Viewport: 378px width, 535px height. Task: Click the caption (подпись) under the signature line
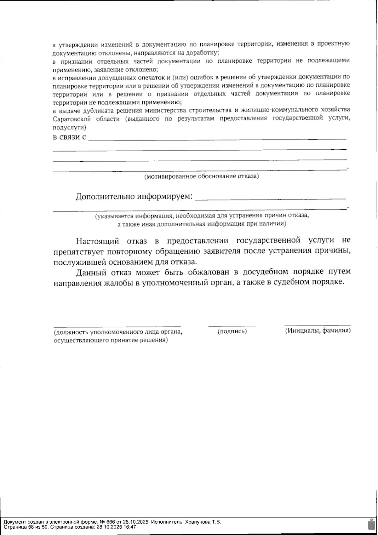(x=232, y=331)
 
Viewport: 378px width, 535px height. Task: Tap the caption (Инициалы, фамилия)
(x=318, y=331)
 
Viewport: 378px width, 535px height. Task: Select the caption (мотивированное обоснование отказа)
(x=202, y=176)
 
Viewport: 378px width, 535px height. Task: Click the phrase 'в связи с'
(x=69, y=137)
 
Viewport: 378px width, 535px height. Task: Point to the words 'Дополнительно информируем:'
(x=134, y=197)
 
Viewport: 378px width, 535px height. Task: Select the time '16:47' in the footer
(x=130, y=527)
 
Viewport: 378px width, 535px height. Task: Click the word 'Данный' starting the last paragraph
(x=91, y=272)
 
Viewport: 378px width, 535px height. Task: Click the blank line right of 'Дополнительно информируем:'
(x=270, y=199)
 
